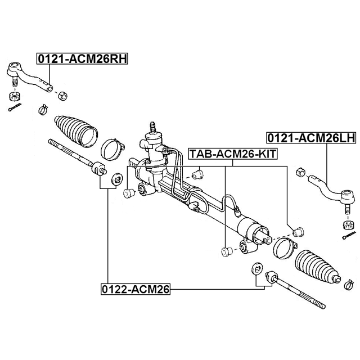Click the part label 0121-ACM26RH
[82, 58]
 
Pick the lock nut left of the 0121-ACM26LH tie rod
[300, 172]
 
